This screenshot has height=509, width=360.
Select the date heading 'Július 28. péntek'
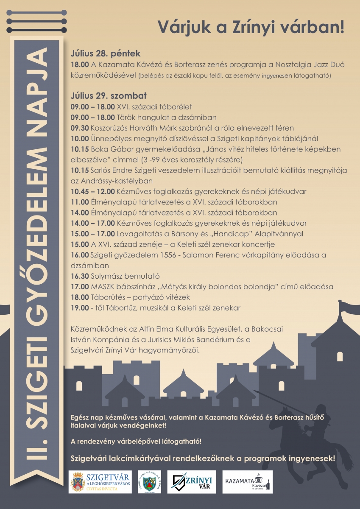[x=106, y=54]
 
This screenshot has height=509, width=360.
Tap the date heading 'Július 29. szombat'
[x=109, y=96]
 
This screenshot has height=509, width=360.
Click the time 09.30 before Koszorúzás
[x=80, y=128]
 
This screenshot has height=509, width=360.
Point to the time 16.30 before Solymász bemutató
[x=80, y=276]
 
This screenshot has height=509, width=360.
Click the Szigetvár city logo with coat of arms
[x=100, y=482]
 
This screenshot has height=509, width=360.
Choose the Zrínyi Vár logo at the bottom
[x=192, y=482]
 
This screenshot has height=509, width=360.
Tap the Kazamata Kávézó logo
[x=248, y=482]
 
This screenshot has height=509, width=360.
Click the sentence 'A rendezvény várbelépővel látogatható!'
[x=136, y=442]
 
